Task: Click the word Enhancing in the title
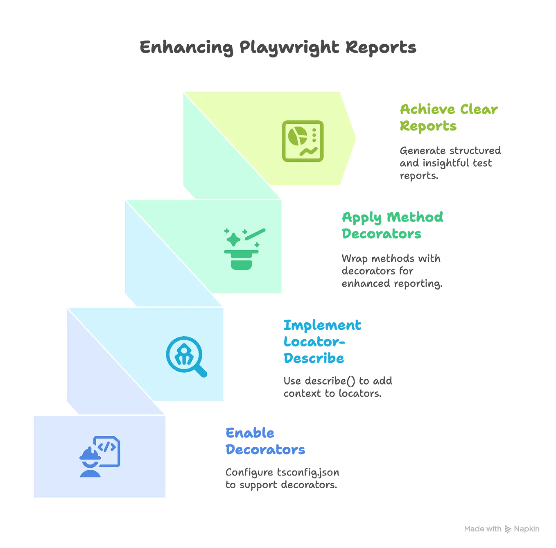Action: tap(187, 48)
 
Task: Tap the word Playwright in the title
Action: tap(289, 48)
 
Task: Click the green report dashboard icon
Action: tap(303, 141)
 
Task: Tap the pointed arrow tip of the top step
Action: tap(355, 138)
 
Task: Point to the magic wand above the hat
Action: tap(256, 234)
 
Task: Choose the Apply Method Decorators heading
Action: tap(392, 225)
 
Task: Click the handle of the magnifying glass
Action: tap(201, 371)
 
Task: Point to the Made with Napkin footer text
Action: tap(501, 529)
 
